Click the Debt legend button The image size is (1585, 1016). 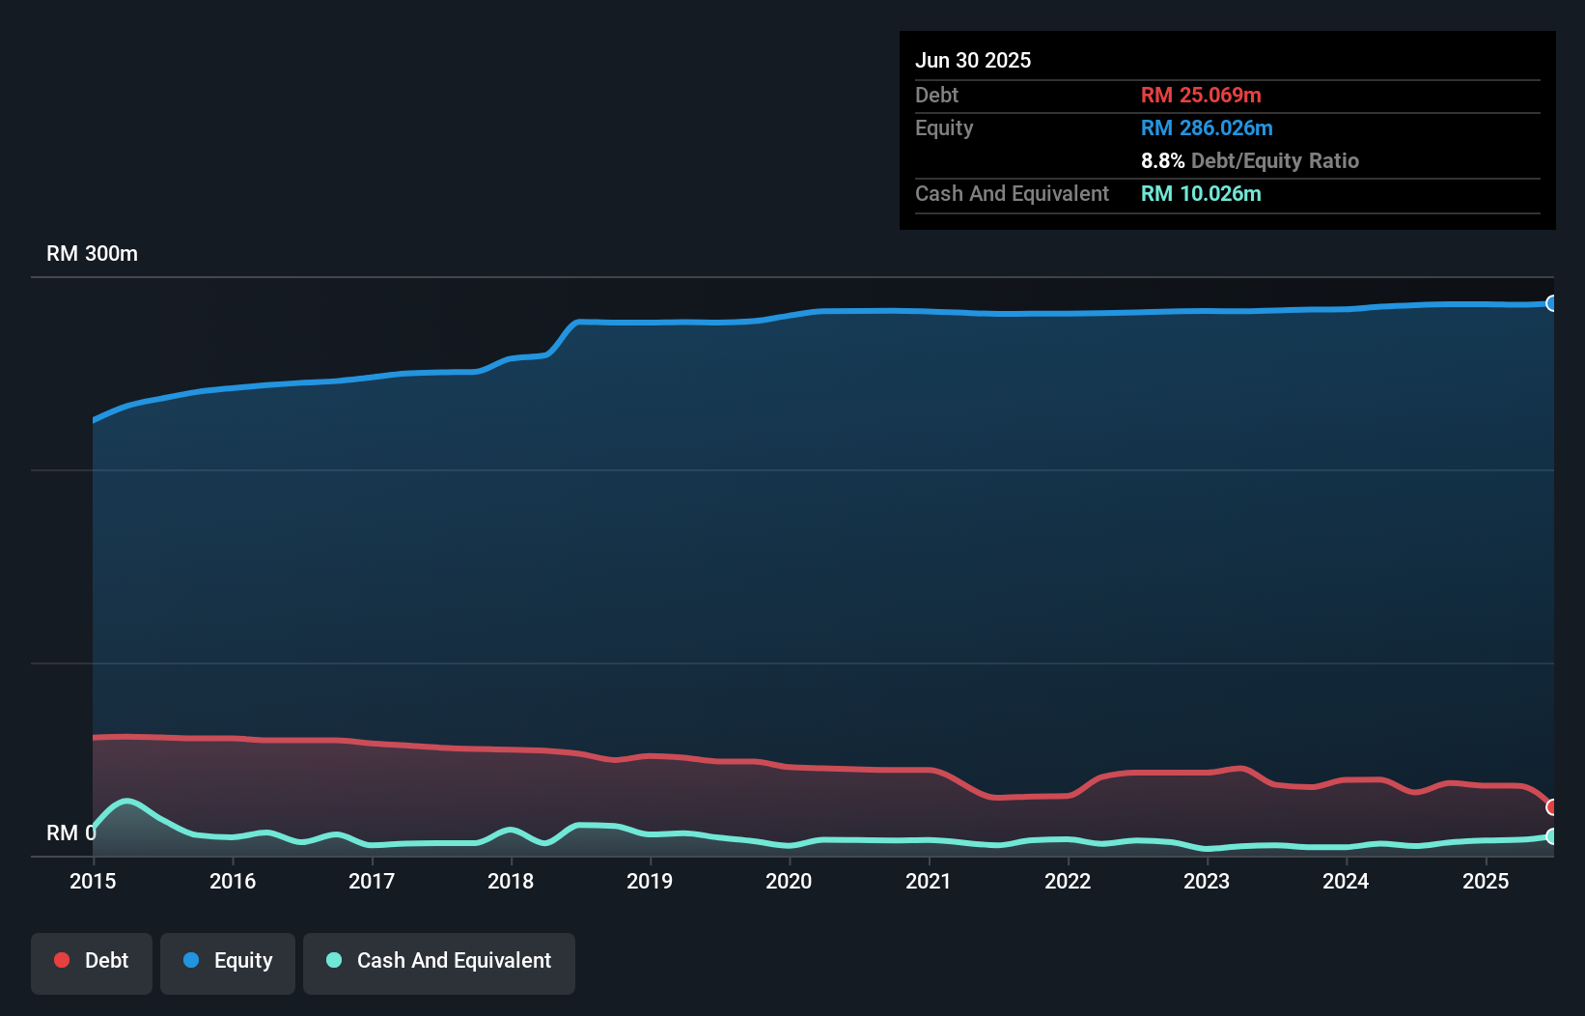point(92,961)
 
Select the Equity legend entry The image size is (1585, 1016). point(228,961)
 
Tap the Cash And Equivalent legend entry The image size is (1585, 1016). point(439,961)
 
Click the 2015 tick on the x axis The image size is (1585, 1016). point(93,881)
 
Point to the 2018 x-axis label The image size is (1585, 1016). point(511,881)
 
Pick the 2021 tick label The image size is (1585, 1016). point(929,881)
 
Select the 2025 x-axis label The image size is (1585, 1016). point(1486,881)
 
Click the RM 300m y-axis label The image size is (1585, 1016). point(92,254)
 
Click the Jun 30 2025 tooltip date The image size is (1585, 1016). point(973,60)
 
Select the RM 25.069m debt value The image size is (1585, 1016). point(1201,95)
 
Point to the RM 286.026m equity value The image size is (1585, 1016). point(1207,127)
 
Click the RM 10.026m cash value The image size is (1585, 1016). point(1201,193)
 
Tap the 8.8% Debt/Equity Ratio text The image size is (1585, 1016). point(1249,160)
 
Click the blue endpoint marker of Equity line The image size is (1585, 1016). point(1551,303)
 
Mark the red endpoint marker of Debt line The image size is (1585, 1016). point(1551,806)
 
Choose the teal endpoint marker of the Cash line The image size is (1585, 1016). point(1551,836)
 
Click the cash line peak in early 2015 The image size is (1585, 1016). point(126,801)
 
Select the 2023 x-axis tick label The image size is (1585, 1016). point(1207,881)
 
